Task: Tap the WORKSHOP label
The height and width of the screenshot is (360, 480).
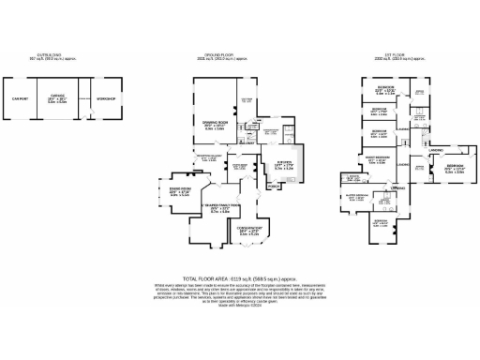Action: (x=107, y=97)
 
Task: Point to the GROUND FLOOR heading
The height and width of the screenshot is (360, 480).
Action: (x=222, y=56)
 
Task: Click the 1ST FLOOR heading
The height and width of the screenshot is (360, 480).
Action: (x=388, y=56)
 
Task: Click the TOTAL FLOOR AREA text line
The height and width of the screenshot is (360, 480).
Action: (x=239, y=279)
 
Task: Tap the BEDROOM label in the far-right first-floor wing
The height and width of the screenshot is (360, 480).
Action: (x=454, y=168)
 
